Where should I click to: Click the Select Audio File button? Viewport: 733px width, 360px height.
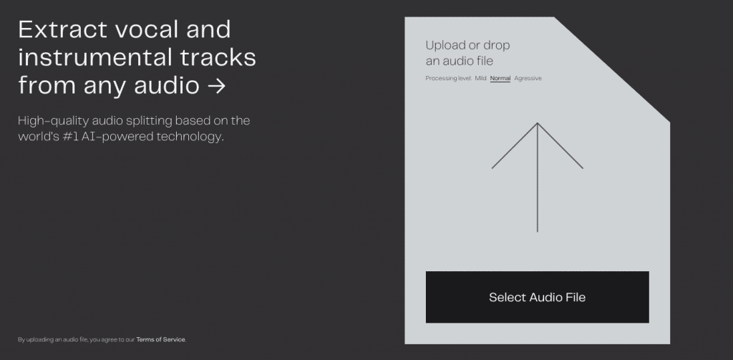coord(537,297)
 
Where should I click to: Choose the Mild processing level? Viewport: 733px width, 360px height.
coord(480,78)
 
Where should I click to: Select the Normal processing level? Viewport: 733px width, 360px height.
coord(500,78)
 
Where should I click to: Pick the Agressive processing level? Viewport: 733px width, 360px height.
coord(528,78)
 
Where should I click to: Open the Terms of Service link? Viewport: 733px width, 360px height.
coord(161,339)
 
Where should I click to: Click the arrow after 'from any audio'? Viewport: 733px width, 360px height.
coord(216,86)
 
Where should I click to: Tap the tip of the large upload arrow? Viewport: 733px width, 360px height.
coord(538,123)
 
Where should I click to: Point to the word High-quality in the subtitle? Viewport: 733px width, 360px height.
coord(53,121)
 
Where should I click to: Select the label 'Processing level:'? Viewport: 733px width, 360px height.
coord(448,79)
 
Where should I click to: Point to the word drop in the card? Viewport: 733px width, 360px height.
coord(497,46)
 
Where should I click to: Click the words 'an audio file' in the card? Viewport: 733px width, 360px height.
coord(459,61)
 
